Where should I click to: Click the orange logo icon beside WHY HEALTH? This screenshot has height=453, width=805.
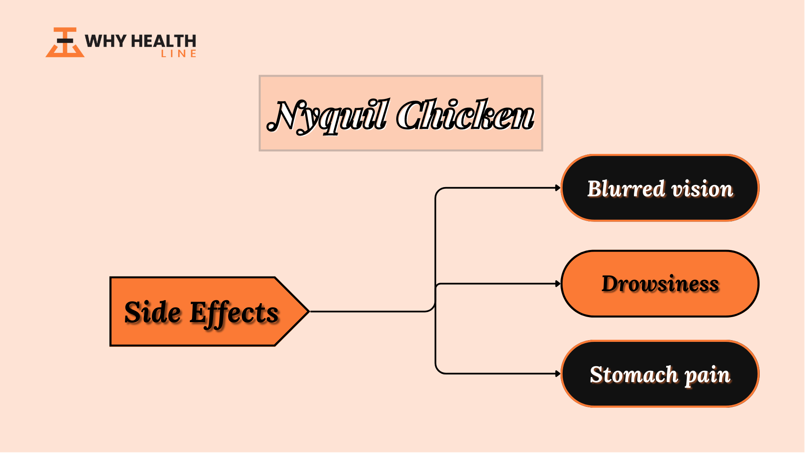click(65, 42)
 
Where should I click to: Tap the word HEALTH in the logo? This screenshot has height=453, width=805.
click(164, 41)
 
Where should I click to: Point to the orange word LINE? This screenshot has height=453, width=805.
click(179, 54)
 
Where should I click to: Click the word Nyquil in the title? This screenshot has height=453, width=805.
click(327, 116)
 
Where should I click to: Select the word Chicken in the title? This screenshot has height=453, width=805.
click(465, 114)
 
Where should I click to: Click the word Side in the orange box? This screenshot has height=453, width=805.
click(153, 312)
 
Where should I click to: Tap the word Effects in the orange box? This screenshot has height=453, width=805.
click(234, 314)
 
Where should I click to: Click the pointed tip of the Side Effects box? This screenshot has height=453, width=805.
click(309, 311)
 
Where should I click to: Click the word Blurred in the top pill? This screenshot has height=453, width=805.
click(626, 189)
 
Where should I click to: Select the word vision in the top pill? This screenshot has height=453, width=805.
click(703, 190)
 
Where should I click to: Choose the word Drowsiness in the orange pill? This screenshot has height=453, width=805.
click(660, 284)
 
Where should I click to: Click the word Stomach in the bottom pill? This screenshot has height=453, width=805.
click(634, 375)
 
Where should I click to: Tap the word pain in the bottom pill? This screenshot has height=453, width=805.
click(708, 376)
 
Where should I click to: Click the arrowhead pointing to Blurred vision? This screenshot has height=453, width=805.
click(558, 188)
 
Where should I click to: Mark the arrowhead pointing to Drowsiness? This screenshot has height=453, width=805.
click(558, 284)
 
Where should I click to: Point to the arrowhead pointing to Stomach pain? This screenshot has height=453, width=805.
click(558, 373)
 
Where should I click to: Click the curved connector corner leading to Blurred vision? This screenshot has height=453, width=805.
click(439, 191)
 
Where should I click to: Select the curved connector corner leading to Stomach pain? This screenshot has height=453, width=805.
click(439, 370)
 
